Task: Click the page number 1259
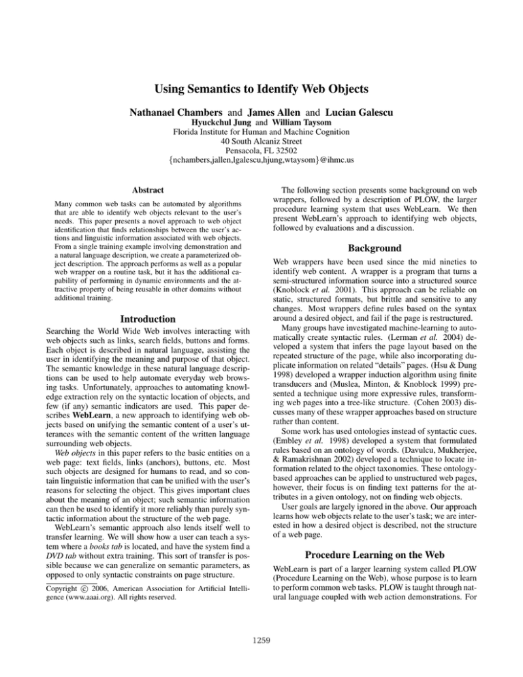tap(261, 659)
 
